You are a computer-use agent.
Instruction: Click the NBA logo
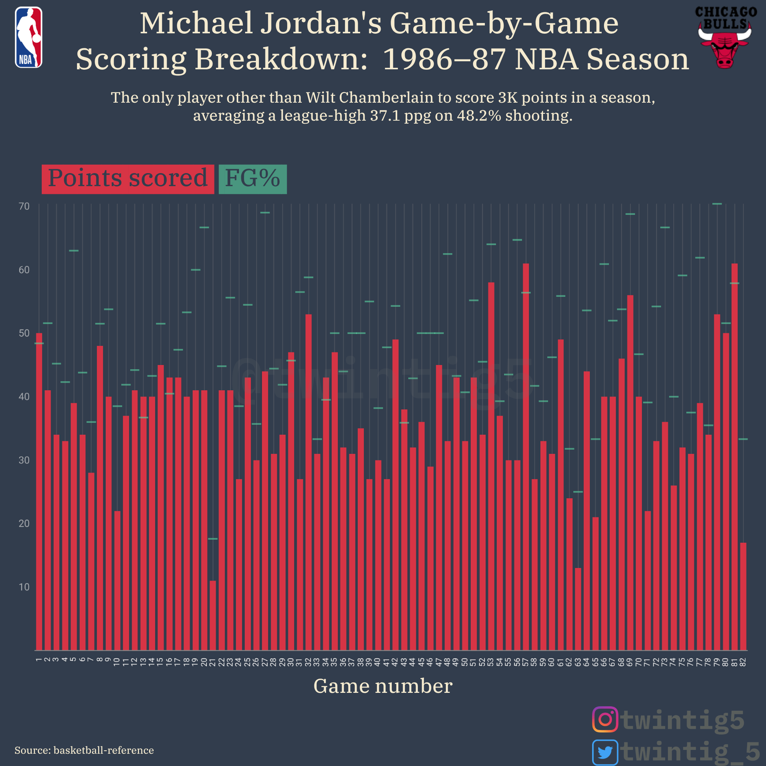coord(29,37)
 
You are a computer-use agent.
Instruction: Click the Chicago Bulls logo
coord(725,38)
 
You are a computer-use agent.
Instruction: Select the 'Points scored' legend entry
coord(128,179)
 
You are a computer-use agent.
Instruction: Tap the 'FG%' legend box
coord(252,179)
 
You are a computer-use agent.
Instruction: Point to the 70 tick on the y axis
coord(24,206)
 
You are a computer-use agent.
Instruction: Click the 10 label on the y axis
coord(24,587)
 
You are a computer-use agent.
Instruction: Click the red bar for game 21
coord(213,615)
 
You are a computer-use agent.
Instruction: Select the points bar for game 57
coord(526,456)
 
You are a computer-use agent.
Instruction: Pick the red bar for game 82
coord(743,596)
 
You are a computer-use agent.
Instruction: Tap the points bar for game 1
coord(39,492)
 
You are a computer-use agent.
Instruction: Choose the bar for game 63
coord(578,609)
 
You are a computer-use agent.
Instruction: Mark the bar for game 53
coord(491,466)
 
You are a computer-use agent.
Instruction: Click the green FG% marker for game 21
coord(213,539)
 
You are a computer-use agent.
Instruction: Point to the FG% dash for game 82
coord(743,439)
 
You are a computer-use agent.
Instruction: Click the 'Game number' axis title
coord(383,686)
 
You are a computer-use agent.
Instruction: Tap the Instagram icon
coord(605,719)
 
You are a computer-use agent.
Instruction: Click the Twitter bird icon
coord(605,752)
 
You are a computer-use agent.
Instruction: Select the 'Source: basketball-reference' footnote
coord(84,750)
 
